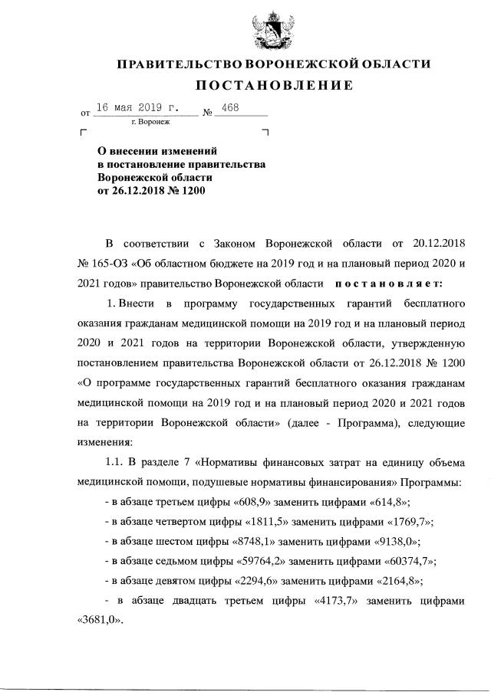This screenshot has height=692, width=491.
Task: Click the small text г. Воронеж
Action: click(x=150, y=122)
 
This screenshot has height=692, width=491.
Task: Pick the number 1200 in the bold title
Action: click(x=193, y=190)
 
